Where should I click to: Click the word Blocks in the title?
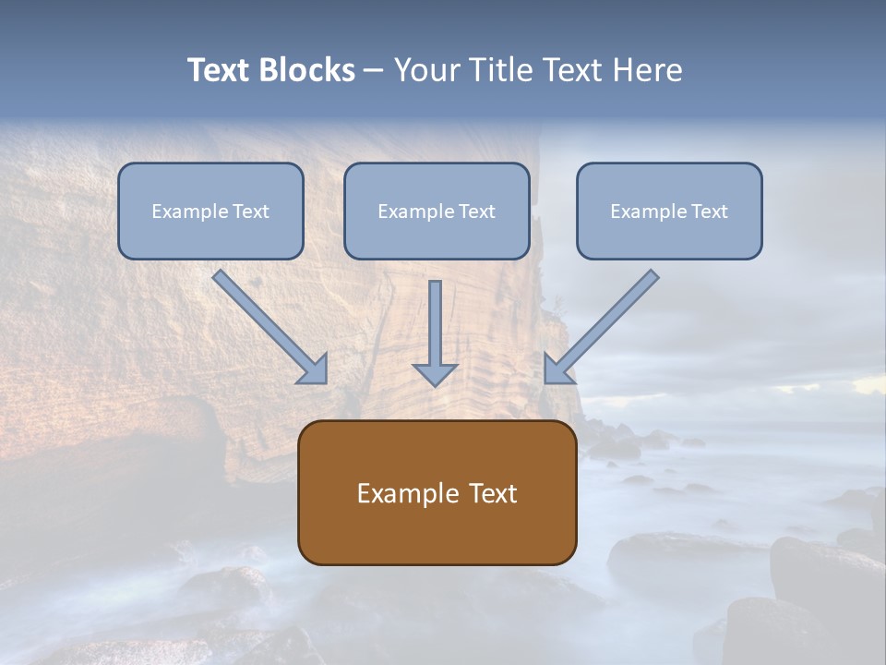pos(306,70)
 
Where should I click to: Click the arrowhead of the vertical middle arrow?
pos(435,374)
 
